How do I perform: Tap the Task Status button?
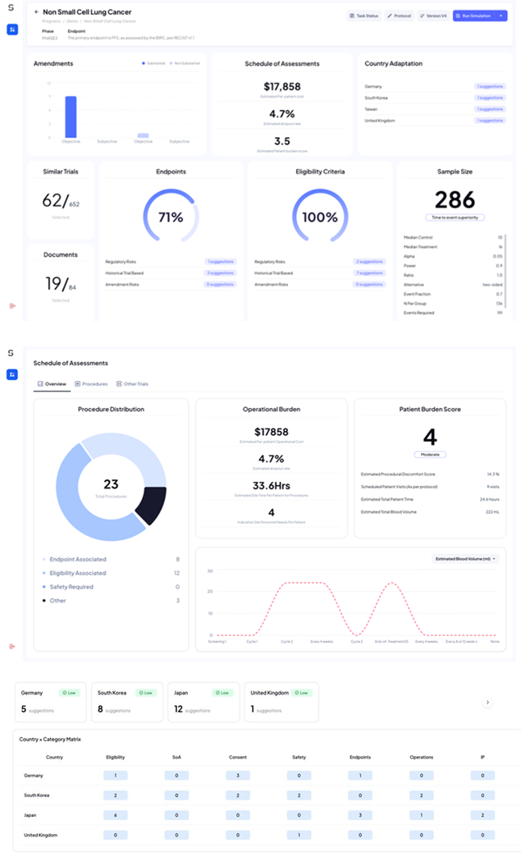363,16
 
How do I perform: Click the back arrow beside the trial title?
36,12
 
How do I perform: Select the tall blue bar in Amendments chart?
71,117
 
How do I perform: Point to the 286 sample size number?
455,199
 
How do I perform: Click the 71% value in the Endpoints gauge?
171,218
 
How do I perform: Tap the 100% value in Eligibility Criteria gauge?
320,218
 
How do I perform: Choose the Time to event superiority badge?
455,218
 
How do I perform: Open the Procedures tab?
92,383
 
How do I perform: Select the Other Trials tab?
133,383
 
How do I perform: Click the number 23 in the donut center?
111,484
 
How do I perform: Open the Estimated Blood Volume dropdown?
465,558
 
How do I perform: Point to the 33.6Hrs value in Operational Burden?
271,484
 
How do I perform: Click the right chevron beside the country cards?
487,703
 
